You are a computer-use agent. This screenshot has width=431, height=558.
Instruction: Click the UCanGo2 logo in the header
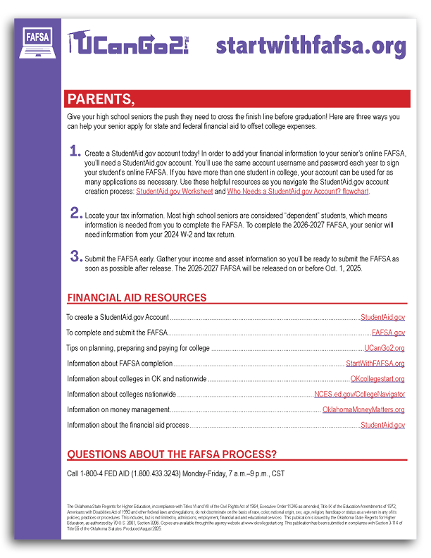point(132,44)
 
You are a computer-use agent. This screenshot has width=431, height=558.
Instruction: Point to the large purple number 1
point(75,151)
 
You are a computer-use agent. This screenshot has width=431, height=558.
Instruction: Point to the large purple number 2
point(75,212)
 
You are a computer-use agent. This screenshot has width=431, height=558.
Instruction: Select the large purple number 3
point(75,256)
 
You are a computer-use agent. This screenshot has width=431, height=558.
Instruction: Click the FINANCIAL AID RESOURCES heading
point(137,298)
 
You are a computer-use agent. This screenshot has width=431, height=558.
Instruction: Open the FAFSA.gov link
point(388,333)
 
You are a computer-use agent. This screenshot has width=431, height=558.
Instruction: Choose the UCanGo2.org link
point(384,348)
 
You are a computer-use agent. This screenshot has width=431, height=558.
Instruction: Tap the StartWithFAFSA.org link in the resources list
point(375,364)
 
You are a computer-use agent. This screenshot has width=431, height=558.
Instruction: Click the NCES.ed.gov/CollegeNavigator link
point(359,395)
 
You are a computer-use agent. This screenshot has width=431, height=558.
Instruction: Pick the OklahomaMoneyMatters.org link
point(363,410)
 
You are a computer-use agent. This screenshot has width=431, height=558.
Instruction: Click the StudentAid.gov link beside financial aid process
point(382,426)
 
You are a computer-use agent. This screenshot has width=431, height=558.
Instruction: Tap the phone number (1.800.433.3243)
point(157,473)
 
